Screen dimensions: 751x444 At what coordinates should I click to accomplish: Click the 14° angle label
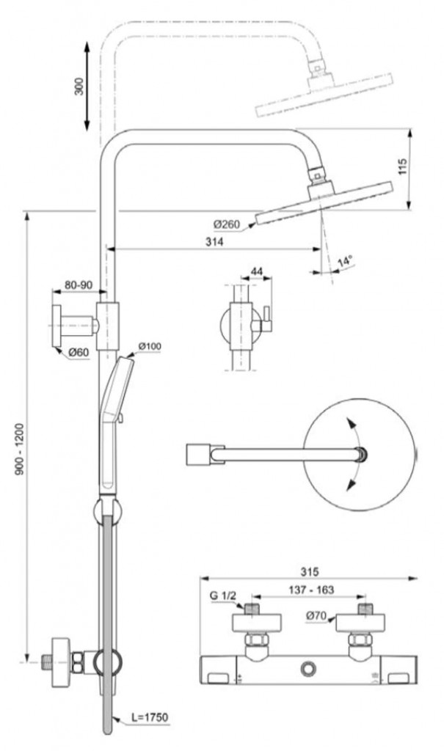click(x=344, y=260)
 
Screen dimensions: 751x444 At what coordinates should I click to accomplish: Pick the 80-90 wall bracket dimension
click(x=78, y=284)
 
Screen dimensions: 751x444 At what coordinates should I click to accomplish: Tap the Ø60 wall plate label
click(x=79, y=353)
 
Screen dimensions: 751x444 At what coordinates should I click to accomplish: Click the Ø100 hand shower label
click(x=150, y=346)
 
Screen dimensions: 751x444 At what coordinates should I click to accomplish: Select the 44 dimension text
click(x=257, y=271)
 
